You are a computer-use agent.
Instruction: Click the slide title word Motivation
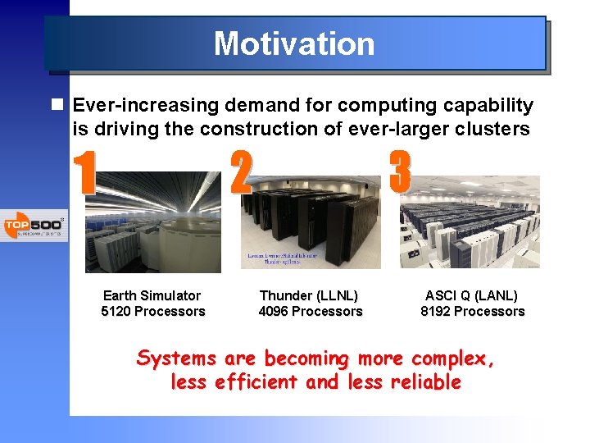(294, 43)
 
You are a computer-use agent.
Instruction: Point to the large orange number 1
(84, 174)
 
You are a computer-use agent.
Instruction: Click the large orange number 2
(241, 173)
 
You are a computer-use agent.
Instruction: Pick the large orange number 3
(400, 171)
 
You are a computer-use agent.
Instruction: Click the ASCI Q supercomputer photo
(470, 221)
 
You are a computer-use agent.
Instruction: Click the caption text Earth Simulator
(152, 295)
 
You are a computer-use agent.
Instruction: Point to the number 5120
(116, 312)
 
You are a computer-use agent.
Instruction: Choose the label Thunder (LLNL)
(309, 295)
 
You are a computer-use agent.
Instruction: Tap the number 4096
(274, 312)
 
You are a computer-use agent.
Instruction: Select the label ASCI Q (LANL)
(471, 295)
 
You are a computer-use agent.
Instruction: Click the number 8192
(436, 312)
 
